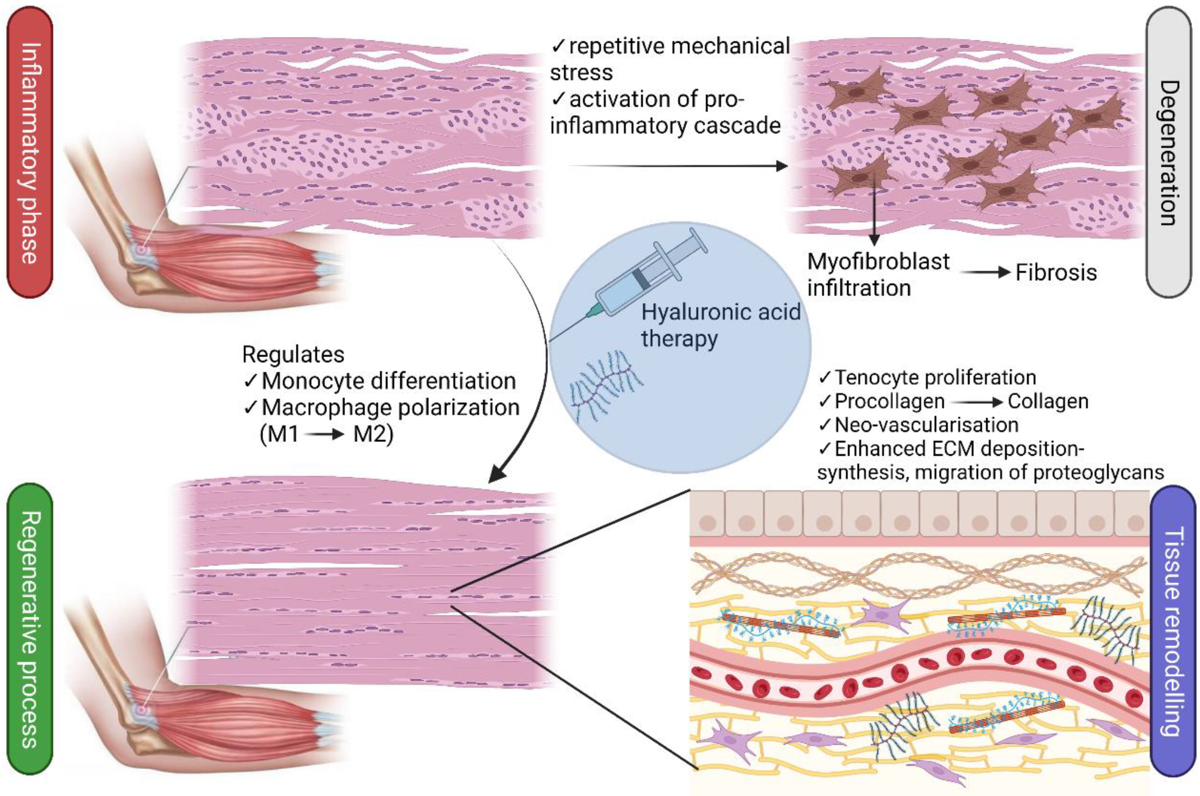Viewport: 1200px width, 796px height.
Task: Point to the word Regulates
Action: [293, 354]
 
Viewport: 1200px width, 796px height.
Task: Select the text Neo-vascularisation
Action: [926, 425]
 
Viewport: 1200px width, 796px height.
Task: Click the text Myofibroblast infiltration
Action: [878, 275]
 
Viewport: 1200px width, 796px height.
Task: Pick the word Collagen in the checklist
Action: [1048, 401]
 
